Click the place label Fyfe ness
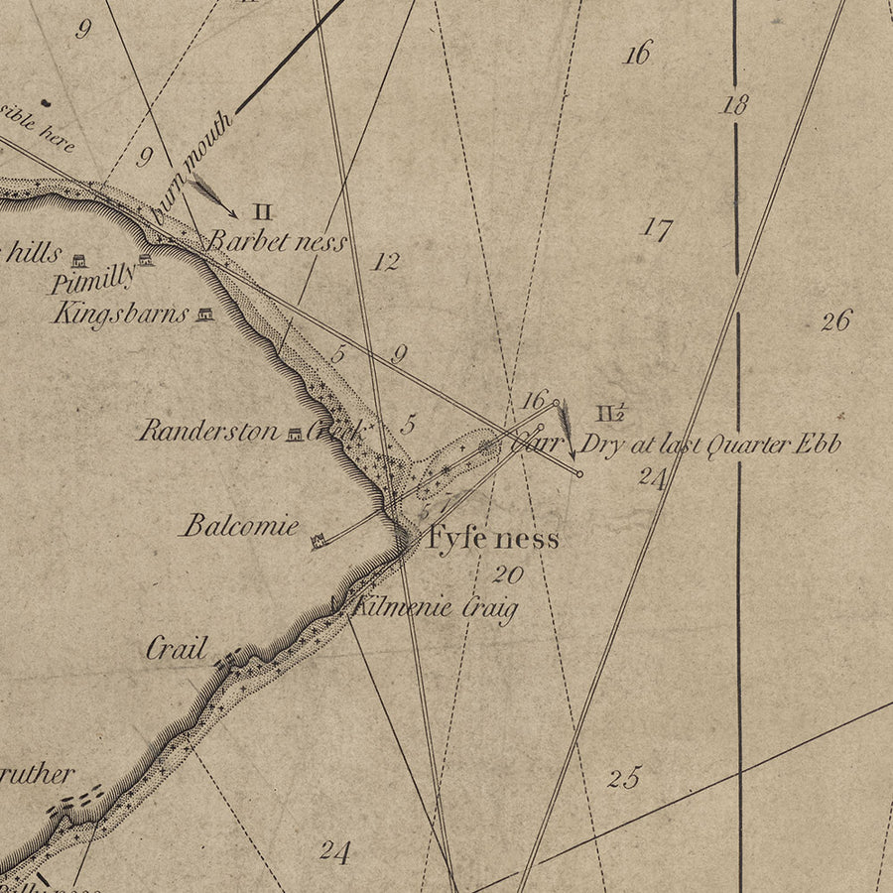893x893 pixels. point(493,539)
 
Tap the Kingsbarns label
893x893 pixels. point(120,315)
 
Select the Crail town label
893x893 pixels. point(177,649)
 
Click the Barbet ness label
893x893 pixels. point(278,241)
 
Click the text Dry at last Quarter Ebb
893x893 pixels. point(710,444)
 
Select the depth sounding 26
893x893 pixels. point(835,320)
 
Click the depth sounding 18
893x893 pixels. point(733,105)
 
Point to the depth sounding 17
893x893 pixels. point(656,229)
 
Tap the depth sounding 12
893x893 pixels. point(386,262)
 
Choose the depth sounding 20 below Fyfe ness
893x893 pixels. point(507,574)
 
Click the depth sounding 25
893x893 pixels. point(624,777)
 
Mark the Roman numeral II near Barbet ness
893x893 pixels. point(262,210)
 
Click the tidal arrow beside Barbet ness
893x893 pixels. point(214,194)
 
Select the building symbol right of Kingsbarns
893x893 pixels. point(205,314)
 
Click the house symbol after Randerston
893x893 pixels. point(295,433)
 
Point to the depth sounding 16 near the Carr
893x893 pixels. point(534,400)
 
